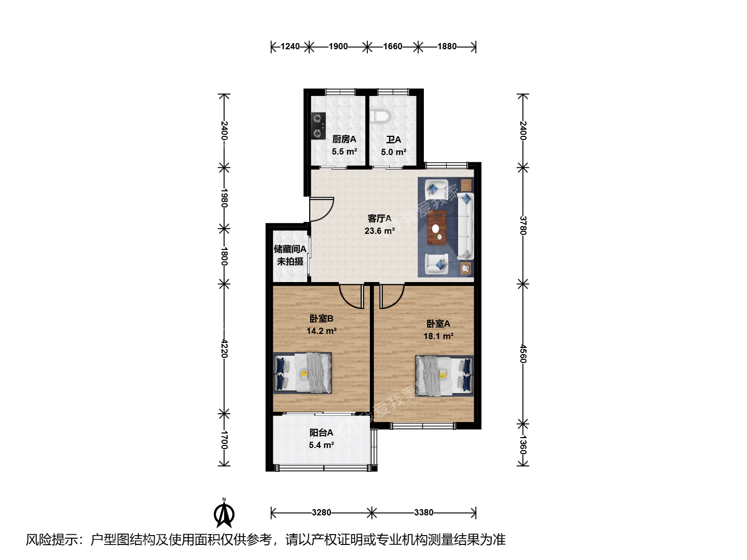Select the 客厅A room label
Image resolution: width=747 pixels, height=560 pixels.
pos(379,218)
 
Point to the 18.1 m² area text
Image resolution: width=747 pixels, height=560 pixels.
pos(438,337)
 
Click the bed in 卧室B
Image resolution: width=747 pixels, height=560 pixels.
pos(302,373)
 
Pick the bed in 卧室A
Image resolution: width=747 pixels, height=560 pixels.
pos(444,376)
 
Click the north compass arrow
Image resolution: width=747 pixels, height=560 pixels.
pos(224,513)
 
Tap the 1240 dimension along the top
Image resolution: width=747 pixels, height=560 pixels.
pos(290,47)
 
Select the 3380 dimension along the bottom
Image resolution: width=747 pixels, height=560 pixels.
pos(424,512)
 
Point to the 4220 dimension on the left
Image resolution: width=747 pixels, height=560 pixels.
pos(224,348)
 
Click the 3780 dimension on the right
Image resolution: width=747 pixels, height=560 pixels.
pos(523,226)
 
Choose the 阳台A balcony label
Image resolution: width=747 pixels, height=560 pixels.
pos(321,433)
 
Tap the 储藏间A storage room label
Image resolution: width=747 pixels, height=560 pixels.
pos(290,249)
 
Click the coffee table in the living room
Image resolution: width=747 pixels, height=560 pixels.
pos(437,227)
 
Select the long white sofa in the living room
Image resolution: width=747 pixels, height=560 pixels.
pos(465,226)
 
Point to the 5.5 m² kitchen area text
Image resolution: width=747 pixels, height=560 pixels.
pos(344,151)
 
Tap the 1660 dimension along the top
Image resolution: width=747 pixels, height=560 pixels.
pos(393,47)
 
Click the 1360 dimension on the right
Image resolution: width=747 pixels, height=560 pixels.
pos(523,445)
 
